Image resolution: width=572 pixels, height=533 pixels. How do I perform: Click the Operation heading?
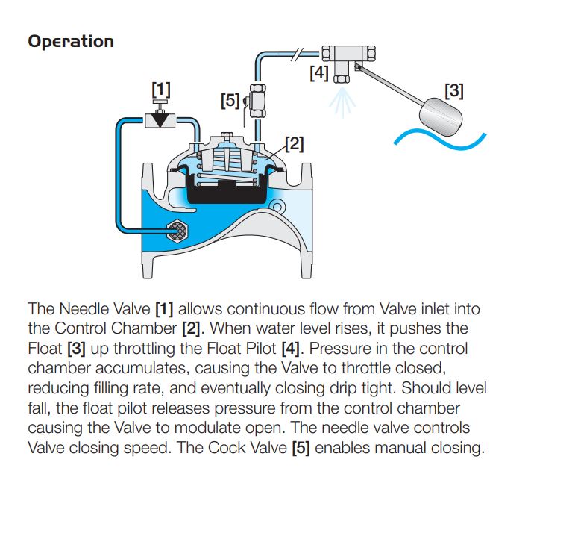pos(71,41)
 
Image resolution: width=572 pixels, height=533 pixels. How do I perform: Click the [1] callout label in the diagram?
pos(161,90)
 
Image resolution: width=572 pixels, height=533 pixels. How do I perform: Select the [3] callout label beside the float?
pos(453,91)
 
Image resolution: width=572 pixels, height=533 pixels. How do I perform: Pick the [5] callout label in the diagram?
pos(230,99)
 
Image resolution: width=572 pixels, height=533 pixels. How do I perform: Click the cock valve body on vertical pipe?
pos(258,100)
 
